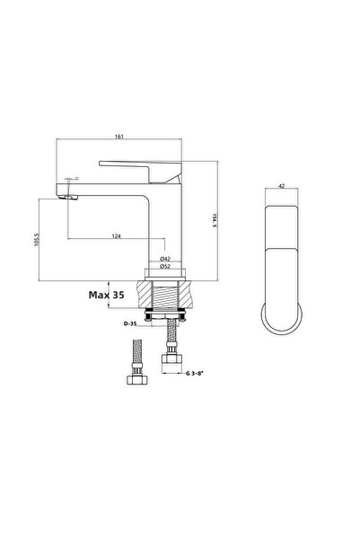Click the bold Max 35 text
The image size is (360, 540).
107,293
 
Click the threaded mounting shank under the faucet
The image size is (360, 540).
165,297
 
